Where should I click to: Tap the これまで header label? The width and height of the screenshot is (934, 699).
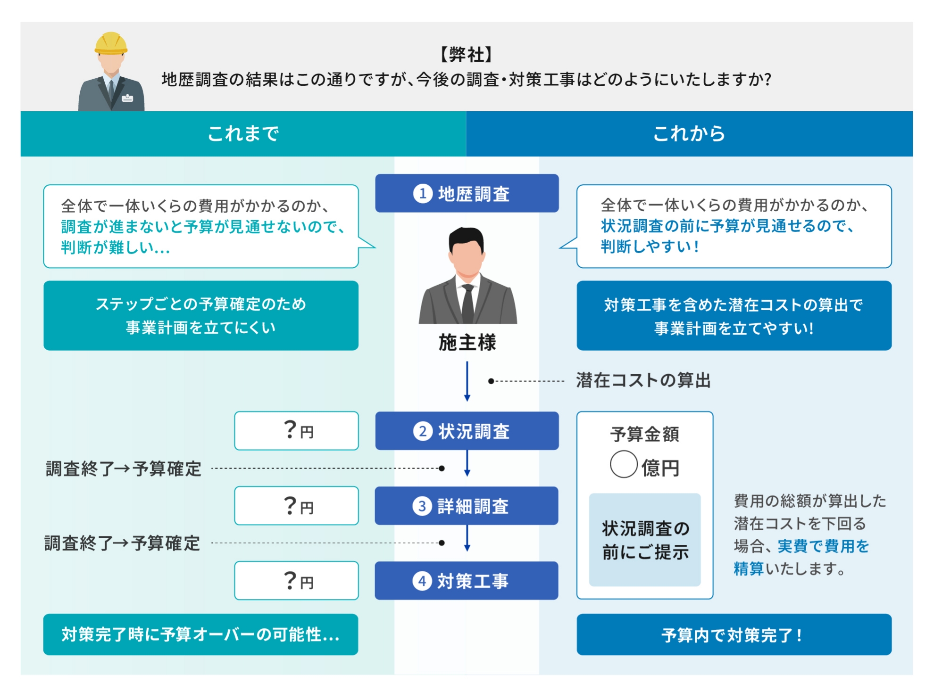point(243,134)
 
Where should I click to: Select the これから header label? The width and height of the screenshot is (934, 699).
point(689,134)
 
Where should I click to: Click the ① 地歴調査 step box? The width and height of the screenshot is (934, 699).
point(467,193)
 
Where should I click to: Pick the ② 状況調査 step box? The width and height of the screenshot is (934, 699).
point(467,431)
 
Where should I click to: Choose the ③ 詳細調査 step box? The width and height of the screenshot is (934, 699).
point(466,506)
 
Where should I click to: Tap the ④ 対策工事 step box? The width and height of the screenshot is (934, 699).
point(466,581)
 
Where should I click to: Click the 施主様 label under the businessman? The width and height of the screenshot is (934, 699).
point(467,343)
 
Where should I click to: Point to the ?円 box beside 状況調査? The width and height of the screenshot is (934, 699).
point(296,431)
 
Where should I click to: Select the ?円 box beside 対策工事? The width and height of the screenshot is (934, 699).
point(296,581)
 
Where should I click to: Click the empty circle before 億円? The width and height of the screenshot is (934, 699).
point(624,464)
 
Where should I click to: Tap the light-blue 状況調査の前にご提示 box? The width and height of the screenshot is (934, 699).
point(644,540)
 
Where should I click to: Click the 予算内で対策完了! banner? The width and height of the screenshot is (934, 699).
point(734,635)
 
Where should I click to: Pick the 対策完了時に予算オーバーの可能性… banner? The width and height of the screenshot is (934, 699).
point(200,634)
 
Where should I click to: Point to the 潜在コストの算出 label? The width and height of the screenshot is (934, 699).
point(643,380)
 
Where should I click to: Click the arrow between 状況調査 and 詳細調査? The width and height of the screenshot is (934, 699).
point(467,464)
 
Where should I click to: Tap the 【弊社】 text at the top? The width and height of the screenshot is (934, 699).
point(466,55)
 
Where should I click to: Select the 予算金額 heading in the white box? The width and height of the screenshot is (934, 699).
point(644,434)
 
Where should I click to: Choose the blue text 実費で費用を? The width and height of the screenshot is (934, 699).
point(823,546)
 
